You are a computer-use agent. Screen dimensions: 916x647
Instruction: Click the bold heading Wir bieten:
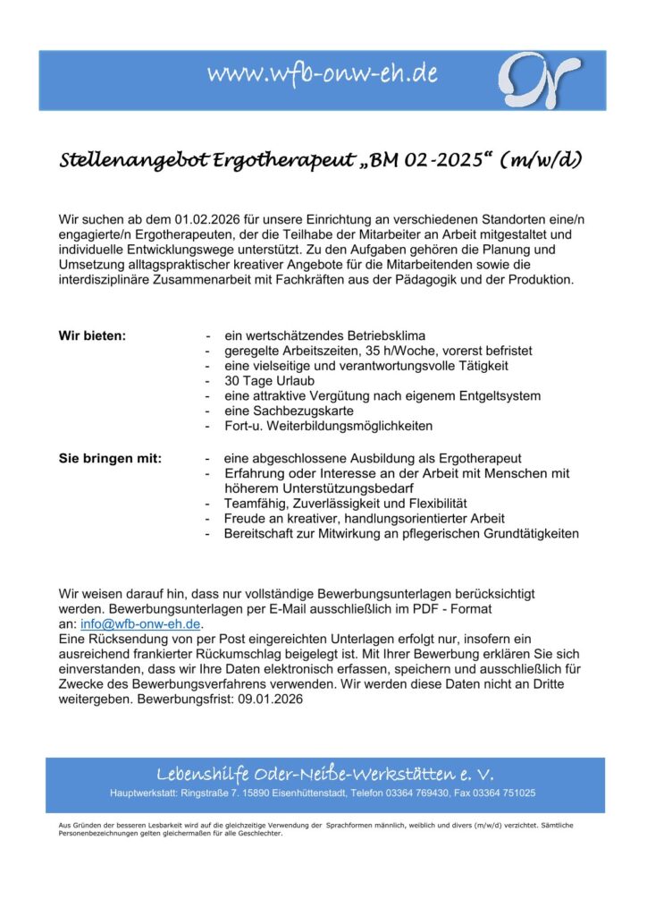click(92, 335)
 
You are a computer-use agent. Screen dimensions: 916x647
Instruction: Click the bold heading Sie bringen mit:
click(110, 459)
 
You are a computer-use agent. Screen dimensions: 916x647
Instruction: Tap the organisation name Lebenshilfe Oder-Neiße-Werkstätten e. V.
click(324, 774)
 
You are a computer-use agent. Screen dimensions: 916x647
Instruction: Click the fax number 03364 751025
click(504, 793)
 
